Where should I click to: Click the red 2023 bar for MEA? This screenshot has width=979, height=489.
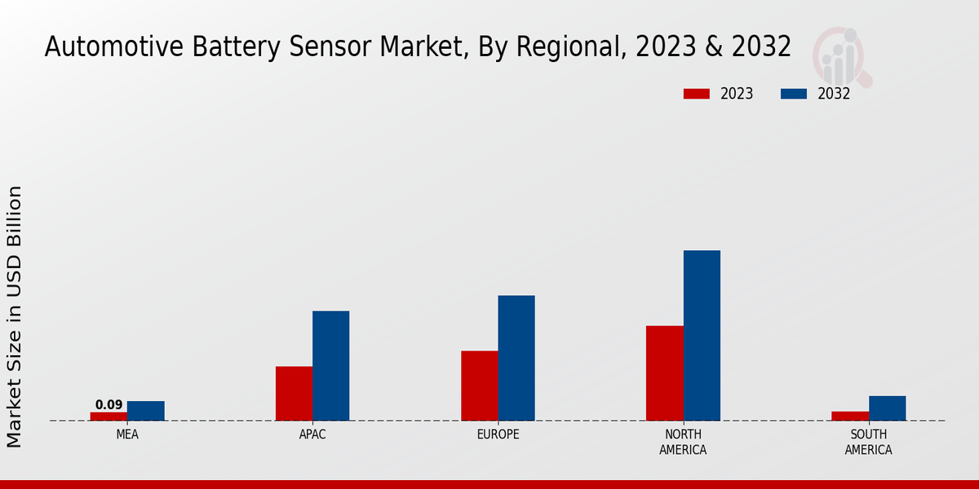(x=109, y=416)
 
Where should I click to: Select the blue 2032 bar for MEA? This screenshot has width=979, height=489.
(x=145, y=411)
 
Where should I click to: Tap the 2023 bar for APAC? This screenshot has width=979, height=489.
(x=294, y=394)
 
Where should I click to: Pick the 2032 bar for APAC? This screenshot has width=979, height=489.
(x=330, y=366)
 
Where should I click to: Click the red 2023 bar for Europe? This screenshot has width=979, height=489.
(x=479, y=385)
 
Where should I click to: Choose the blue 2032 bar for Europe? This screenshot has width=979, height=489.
(x=516, y=358)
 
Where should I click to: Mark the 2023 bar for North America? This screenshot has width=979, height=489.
(x=665, y=373)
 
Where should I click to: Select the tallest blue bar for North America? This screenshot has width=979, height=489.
(x=702, y=335)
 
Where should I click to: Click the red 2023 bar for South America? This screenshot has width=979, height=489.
(x=850, y=416)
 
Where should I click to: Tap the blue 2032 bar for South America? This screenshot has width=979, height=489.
(x=887, y=408)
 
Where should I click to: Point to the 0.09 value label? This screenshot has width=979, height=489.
(x=109, y=405)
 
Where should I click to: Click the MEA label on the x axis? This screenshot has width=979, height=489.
(x=127, y=435)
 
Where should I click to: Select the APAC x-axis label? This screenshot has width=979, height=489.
(x=312, y=435)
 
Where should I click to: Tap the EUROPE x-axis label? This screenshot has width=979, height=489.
(x=498, y=435)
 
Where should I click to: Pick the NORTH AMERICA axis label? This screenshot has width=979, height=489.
(x=684, y=443)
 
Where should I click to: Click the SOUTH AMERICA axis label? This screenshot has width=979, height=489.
(x=869, y=443)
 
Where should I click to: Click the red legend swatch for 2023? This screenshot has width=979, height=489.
(x=696, y=94)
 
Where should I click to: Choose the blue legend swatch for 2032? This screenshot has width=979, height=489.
(x=794, y=94)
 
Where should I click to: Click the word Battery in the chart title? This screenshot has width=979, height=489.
(x=236, y=47)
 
